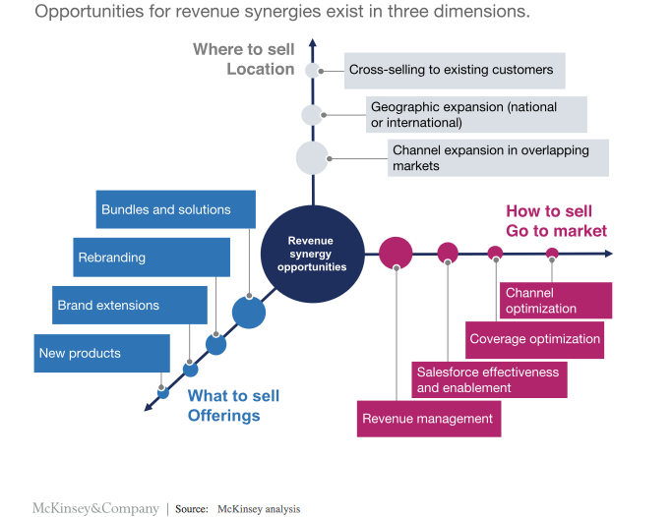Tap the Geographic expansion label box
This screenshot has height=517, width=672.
pos(476,115)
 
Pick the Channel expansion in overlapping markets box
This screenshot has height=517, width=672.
pos(498,158)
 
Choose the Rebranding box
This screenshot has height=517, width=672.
pos(153,258)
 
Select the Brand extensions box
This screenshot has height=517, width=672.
pos(129,306)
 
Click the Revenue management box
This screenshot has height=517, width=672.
pos(428,419)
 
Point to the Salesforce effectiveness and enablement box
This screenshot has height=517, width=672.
pos(488,379)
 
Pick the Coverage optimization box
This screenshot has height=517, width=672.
pos(534,339)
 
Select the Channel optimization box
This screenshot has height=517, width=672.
pos(556,301)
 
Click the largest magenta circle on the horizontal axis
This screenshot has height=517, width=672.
pos(396,253)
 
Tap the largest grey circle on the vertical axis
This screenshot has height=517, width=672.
pos(312,158)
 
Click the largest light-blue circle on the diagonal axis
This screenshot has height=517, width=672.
pos(249,313)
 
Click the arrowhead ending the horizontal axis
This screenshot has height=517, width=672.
pos(608,254)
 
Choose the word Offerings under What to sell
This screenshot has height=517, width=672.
pos(223,416)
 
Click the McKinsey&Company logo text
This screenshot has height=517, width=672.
pos(95,509)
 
